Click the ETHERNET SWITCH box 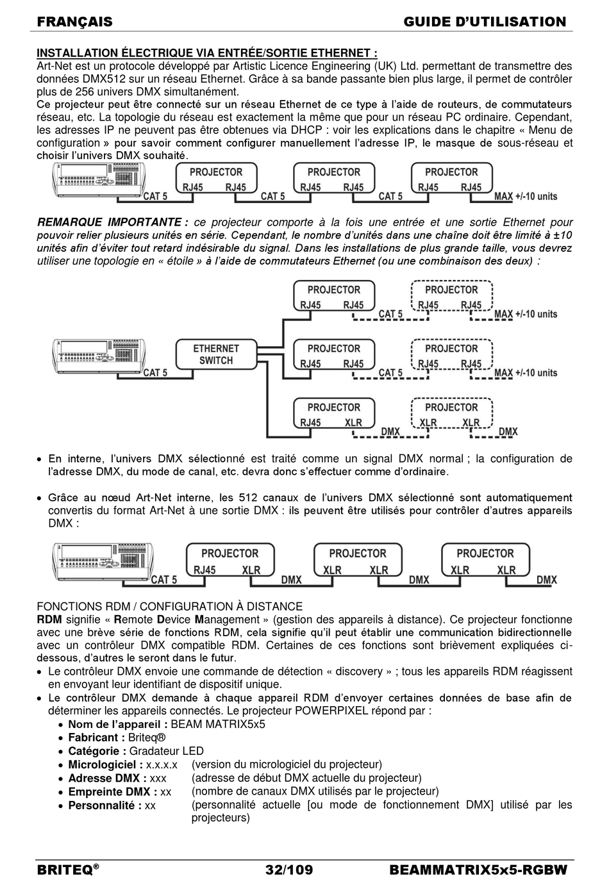(x=216, y=354)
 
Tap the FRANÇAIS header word (x=74, y=22)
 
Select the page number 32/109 (x=289, y=870)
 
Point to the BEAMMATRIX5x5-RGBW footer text (x=478, y=870)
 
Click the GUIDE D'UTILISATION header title (x=485, y=22)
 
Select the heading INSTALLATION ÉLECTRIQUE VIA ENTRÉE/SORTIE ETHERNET (x=206, y=53)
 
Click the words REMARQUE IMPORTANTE (x=113, y=222)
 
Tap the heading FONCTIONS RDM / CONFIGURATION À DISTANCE (x=170, y=606)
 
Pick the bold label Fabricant (x=96, y=738)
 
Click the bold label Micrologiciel (x=105, y=764)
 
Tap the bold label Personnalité (x=104, y=805)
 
